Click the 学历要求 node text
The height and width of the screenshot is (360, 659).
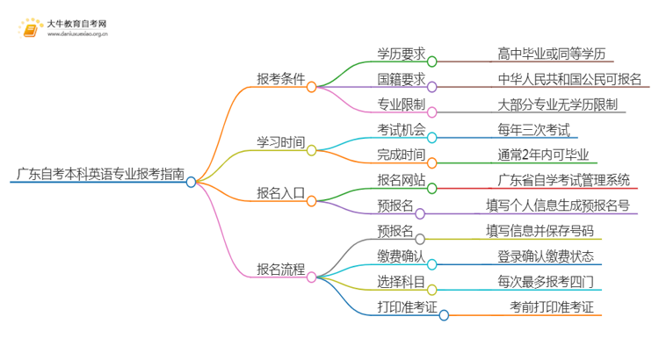402,53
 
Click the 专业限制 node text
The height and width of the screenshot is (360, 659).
402,105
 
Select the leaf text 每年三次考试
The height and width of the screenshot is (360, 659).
533,131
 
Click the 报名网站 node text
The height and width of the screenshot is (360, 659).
402,181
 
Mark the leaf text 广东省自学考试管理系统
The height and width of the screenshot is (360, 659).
563,181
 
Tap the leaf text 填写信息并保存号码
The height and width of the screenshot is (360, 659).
540,231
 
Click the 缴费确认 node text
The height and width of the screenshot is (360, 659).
402,256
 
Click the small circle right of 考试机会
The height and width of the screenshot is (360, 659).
432,138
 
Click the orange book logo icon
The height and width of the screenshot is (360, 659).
31,30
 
